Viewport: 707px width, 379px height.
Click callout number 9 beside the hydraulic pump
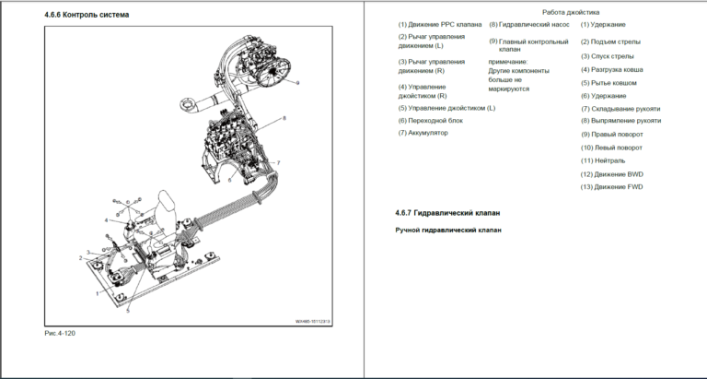point(298,83)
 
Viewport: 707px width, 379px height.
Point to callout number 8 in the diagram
point(284,118)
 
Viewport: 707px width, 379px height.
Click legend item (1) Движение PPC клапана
point(439,24)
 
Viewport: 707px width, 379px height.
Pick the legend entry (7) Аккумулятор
point(423,133)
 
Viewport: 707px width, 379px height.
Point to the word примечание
point(513,61)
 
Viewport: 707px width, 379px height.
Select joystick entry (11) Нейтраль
point(609,160)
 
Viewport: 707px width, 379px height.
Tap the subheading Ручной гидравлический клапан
point(448,230)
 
